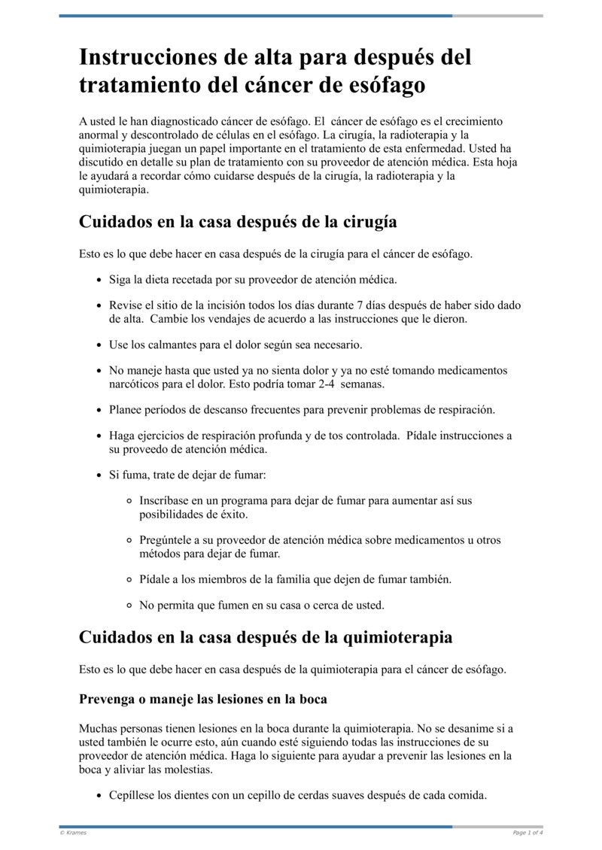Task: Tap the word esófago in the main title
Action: (384, 85)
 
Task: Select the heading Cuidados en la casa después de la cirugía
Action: (238, 223)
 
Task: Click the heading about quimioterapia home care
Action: (266, 637)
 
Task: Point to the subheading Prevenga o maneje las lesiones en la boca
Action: (203, 699)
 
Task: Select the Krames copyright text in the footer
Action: (73, 833)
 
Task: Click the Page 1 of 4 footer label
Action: (528, 833)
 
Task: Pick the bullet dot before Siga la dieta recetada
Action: (99, 280)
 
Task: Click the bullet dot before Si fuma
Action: (99, 475)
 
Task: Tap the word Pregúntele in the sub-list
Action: (166, 540)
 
